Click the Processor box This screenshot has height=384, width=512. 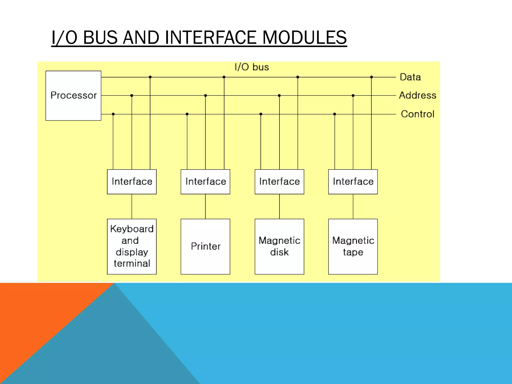click(x=73, y=95)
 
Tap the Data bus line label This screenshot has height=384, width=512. click(x=410, y=77)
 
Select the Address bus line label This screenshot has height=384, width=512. click(x=417, y=95)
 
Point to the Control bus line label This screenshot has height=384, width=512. click(x=417, y=114)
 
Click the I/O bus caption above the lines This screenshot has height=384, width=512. click(x=251, y=67)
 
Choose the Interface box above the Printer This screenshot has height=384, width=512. click(x=205, y=181)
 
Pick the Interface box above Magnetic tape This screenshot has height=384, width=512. click(x=353, y=181)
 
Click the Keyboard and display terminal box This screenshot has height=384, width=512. click(x=132, y=246)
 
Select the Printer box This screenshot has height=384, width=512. click(x=205, y=246)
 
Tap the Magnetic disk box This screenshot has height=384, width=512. click(x=279, y=246)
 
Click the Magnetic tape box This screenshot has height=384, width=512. click(x=353, y=246)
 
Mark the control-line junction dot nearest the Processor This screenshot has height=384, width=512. click(x=113, y=114)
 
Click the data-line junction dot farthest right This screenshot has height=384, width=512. click(x=371, y=77)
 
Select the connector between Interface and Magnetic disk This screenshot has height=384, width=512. click(x=279, y=206)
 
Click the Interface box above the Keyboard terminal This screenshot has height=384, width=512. click(x=132, y=181)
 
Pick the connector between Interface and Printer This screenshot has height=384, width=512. click(x=205, y=206)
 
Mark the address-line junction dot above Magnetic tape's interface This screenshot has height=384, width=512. click(x=353, y=95)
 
